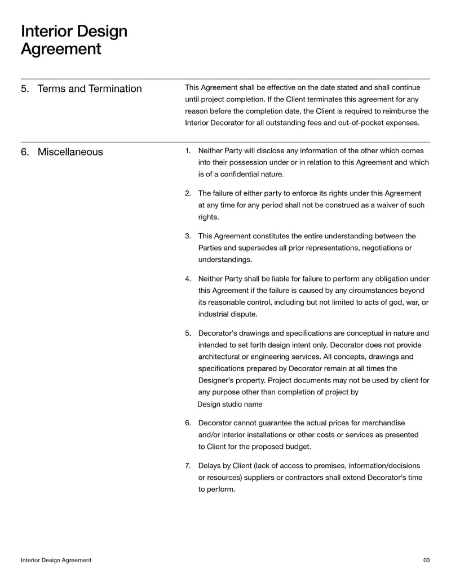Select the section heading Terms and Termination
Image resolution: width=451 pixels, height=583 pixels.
pyautogui.click(x=89, y=88)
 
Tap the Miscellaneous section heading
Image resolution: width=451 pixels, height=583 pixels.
pyautogui.click(x=70, y=152)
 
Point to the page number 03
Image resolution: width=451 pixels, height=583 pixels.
pyautogui.click(x=426, y=560)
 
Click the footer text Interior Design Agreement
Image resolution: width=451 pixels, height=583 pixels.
pyautogui.click(x=56, y=560)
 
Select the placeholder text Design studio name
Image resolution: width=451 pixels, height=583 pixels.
pyautogui.click(x=229, y=404)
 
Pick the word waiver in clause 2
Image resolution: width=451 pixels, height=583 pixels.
pyautogui.click(x=381, y=205)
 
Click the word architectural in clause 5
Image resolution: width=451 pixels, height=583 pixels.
pyautogui.click(x=221, y=357)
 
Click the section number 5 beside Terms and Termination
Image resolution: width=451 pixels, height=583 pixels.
pyautogui.click(x=24, y=88)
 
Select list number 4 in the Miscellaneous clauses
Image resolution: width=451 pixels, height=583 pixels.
pyautogui.click(x=188, y=278)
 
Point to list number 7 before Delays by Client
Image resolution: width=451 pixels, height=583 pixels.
pyautogui.click(x=188, y=465)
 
